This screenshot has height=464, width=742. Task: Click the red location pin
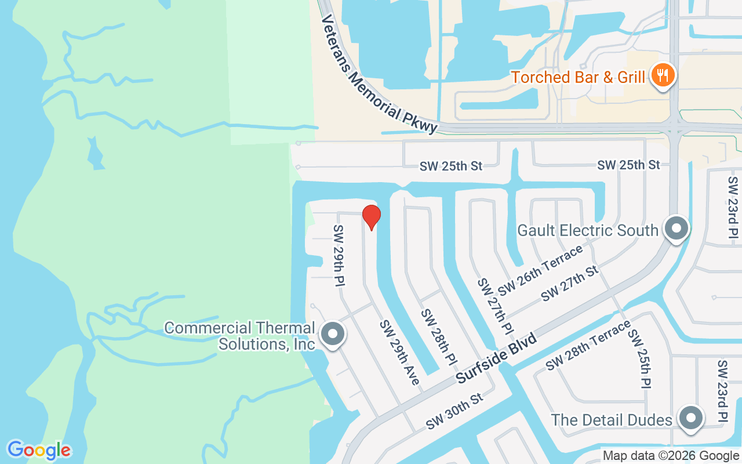point(371,217)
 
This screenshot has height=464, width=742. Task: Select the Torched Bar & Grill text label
point(578,77)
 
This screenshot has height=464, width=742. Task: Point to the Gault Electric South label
point(588,230)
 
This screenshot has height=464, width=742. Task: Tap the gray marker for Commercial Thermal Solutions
point(333,335)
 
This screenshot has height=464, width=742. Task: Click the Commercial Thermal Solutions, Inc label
point(240,336)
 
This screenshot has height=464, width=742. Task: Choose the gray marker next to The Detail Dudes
point(690,418)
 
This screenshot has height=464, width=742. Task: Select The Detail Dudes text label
point(611,419)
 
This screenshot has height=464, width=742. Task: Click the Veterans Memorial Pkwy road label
point(379,74)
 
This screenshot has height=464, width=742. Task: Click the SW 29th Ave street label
point(399,353)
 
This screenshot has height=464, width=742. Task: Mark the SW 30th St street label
point(454,412)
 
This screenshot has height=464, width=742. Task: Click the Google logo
point(39,450)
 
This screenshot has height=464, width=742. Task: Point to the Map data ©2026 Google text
point(671,456)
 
